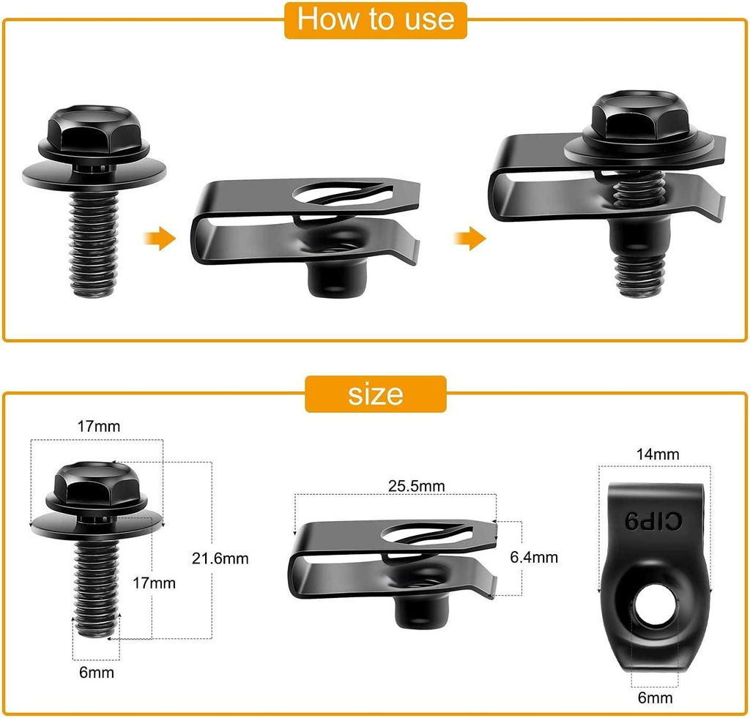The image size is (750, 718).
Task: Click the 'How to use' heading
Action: click(x=375, y=19)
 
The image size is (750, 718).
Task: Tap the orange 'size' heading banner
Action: click(x=375, y=394)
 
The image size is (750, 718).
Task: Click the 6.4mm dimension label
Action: click(x=534, y=557)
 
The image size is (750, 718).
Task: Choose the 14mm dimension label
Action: click(x=656, y=454)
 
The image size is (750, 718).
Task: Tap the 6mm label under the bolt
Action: click(x=97, y=672)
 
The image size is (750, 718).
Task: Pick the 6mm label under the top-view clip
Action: click(x=655, y=698)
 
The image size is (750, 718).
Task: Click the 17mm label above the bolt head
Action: click(x=99, y=425)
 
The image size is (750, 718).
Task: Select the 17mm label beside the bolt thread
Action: click(x=155, y=583)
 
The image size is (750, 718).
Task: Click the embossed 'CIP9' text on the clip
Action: click(x=653, y=520)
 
